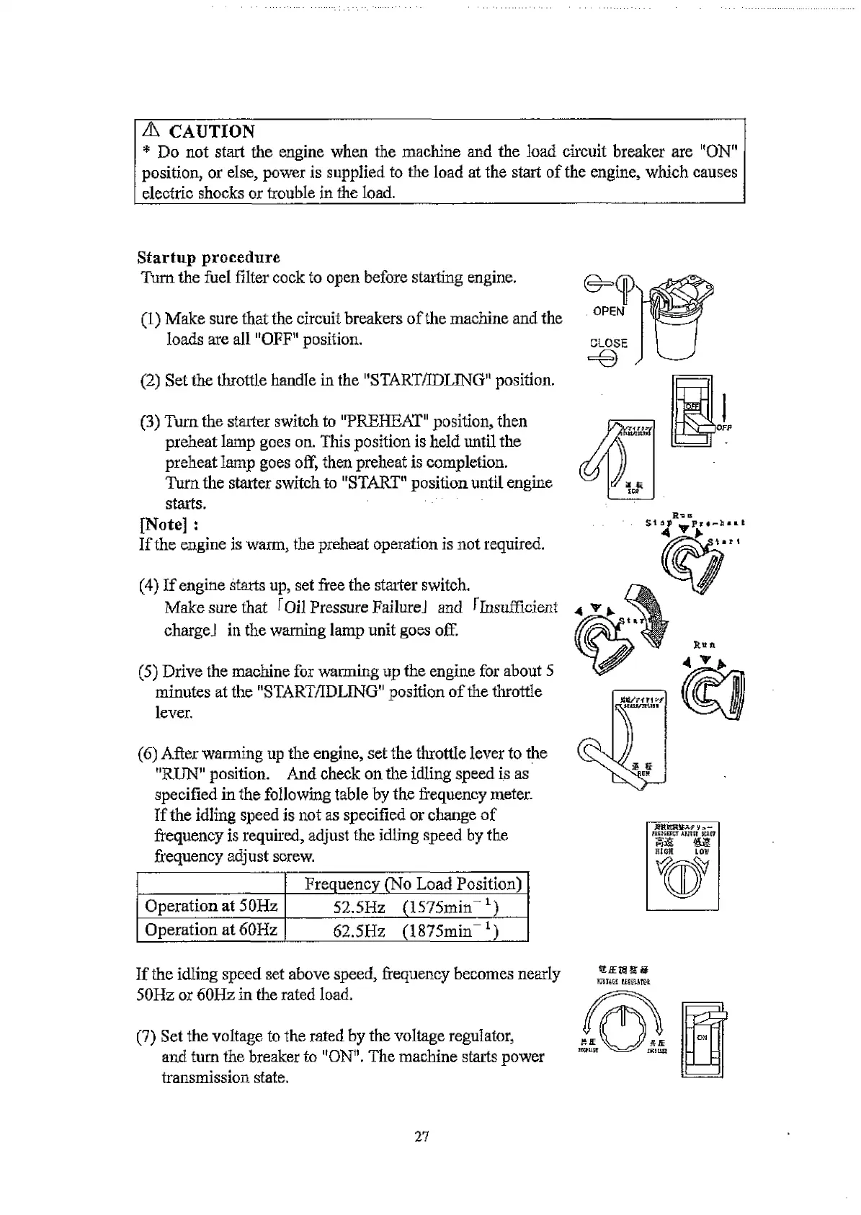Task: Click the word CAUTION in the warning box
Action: point(211,132)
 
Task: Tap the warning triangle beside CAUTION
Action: point(151,130)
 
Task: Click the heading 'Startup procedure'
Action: point(208,258)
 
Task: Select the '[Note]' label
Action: point(164,524)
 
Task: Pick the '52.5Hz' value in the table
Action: point(359,907)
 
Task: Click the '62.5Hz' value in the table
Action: point(359,930)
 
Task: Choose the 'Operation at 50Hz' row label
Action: point(211,907)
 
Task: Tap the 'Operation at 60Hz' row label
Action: point(211,930)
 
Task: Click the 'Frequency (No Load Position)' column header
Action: point(413,884)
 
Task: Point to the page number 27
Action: point(421,1137)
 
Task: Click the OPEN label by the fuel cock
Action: point(608,311)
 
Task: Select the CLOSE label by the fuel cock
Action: point(608,344)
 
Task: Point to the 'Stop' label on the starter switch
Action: point(659,524)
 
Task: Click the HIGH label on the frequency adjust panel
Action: point(662,851)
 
